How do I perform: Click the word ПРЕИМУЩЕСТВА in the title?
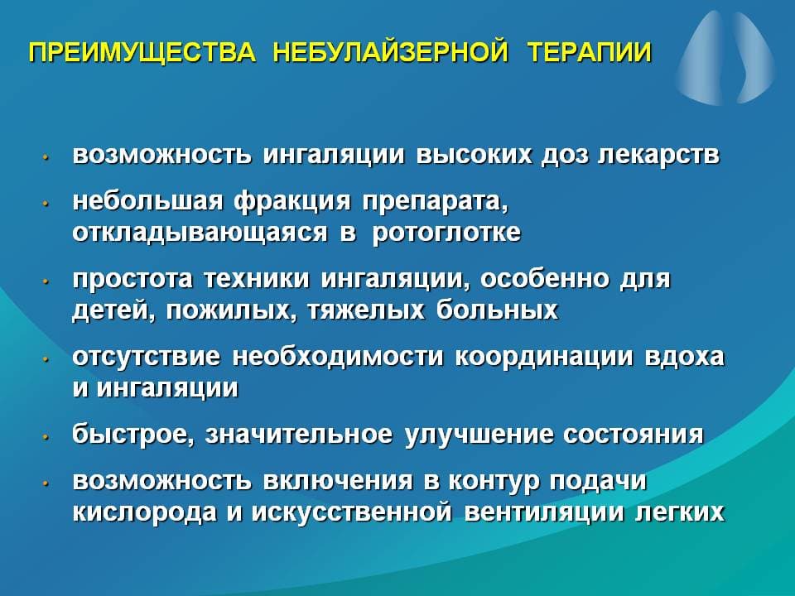point(142,53)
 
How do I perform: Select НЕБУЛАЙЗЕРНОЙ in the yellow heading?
point(391,52)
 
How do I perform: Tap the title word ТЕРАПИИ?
point(589,52)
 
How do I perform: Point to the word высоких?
point(475,155)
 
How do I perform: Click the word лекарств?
point(658,155)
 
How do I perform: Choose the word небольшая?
point(147,201)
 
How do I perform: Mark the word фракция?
point(292,203)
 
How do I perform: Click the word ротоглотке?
point(446,233)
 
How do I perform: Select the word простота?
point(132,280)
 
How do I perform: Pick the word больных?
point(497,310)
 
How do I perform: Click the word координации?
point(545,358)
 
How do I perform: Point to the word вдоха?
point(685,357)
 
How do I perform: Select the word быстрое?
point(132,435)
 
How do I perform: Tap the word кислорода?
point(144,513)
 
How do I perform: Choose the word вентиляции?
point(544,513)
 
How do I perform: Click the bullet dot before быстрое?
point(46,436)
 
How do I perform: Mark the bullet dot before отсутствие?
point(46,358)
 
